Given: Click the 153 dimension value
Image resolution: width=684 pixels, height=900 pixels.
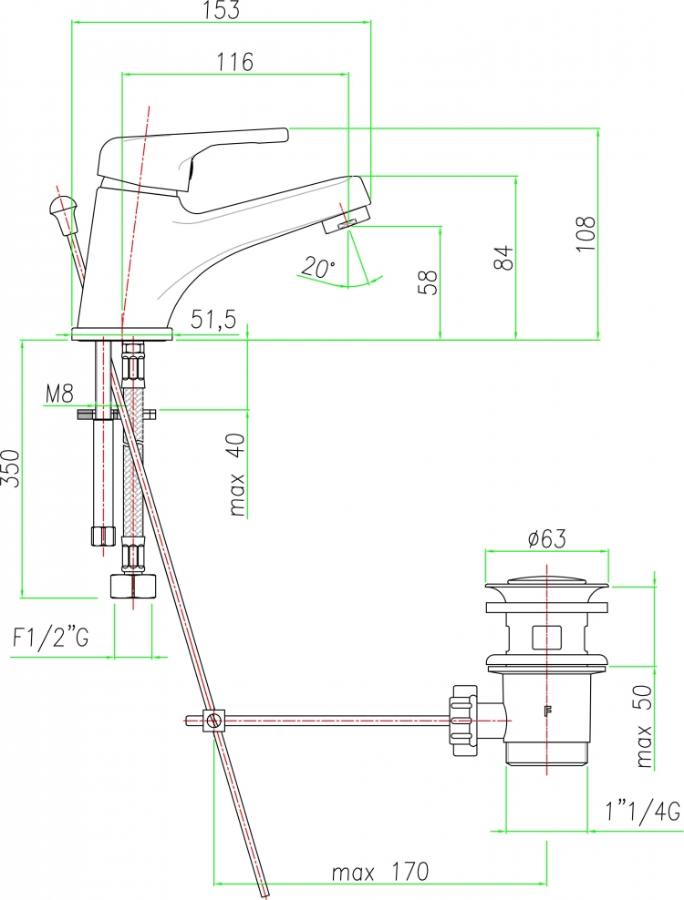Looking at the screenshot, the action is pos(222,10).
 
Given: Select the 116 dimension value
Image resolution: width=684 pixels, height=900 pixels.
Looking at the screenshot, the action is pos(234,61).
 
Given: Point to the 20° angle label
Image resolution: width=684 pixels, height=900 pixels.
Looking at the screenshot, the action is pos(317,268).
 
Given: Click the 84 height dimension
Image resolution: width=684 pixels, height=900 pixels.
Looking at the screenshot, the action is pos(503,258).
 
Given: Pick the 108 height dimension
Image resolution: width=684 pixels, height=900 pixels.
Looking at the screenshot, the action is pos(586,233).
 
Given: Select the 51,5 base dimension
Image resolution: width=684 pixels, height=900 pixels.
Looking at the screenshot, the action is pos(213,319).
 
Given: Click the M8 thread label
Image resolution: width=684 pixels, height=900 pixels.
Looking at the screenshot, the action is pos(60,394).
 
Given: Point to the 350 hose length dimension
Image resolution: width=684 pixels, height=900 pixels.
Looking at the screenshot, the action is pos(12,468).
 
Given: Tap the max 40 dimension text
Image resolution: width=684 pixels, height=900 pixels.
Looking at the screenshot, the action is pos(237,474).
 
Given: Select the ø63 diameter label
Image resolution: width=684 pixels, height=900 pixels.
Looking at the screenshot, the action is pos(546,538).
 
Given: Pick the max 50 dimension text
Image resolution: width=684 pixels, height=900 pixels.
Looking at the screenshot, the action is pos(645,726).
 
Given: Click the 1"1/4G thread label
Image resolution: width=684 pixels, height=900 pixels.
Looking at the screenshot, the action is pos(643,813).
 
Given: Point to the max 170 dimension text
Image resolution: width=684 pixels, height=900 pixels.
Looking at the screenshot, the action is pos(380,872).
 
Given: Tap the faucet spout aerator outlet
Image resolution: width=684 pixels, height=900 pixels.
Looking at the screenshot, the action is pos(346,222).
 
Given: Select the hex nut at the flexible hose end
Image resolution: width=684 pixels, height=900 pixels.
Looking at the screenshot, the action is pos(133,585).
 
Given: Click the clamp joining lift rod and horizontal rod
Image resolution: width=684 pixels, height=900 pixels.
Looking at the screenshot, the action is pos(213,720).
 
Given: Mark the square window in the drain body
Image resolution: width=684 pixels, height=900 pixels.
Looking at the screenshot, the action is pos(546,637).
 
